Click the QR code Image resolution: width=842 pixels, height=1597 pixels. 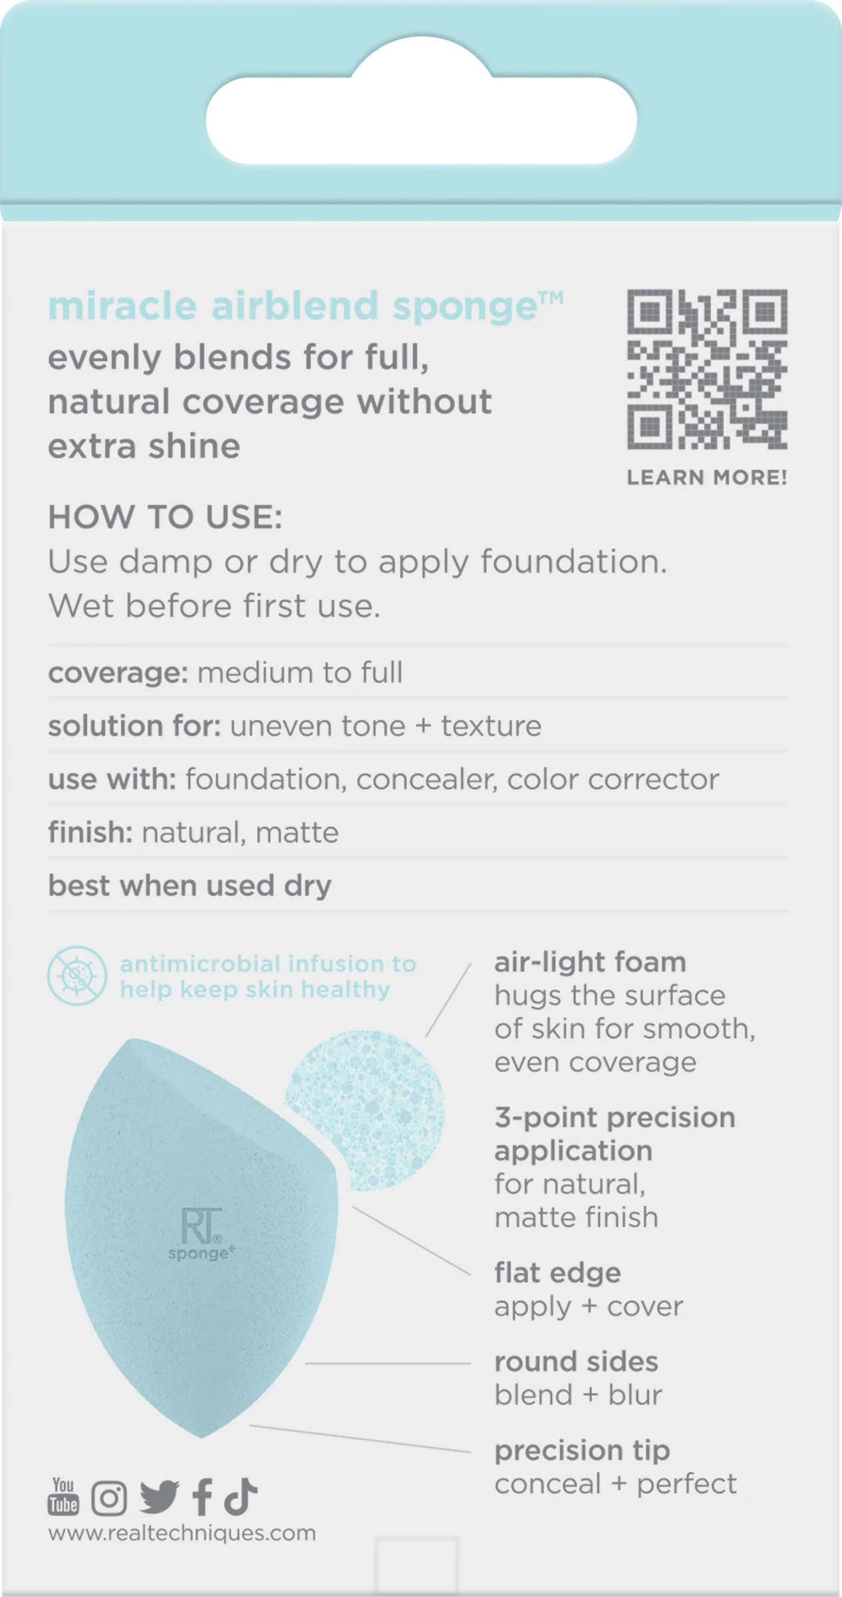(707, 369)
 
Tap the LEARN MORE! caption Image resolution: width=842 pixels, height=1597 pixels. (707, 477)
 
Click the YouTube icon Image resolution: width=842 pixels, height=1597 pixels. (63, 1497)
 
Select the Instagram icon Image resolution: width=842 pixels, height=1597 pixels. (109, 1498)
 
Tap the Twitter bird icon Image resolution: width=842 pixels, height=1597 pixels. (159, 1497)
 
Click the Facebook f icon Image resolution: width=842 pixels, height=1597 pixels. (202, 1497)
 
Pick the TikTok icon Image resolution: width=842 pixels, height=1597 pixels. (240, 1497)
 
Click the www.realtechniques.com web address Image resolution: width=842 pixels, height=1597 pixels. (182, 1533)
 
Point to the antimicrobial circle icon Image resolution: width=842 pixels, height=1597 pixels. (77, 976)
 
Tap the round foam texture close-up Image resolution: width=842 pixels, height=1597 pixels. (364, 1109)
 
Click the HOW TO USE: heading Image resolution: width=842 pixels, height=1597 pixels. (166, 516)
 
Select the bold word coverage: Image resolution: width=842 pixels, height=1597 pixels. (118, 673)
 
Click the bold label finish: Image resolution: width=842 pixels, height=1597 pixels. (90, 832)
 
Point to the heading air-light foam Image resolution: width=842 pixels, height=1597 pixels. (590, 962)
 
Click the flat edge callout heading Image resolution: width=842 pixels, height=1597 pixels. (557, 1272)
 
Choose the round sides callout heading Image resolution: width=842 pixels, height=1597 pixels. (576, 1361)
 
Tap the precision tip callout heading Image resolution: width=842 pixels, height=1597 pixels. (582, 1451)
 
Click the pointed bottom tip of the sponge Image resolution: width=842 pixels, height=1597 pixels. (202, 1437)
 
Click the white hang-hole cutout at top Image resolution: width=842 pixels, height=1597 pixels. (421, 106)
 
